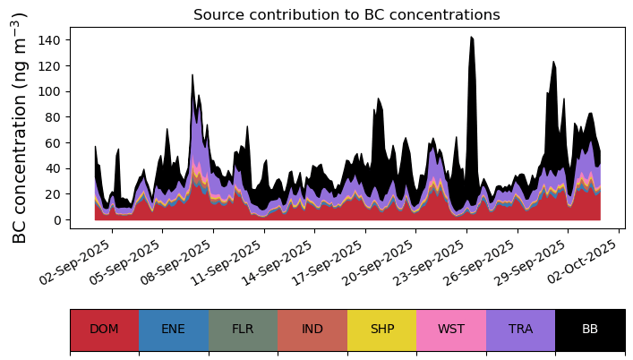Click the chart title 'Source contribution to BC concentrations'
pyautogui.click(x=346, y=15)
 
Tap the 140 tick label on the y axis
pyautogui.click(x=48, y=40)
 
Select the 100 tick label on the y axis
pyautogui.click(x=48, y=91)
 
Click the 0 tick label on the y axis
pyautogui.click(x=56, y=220)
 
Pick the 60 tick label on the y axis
pyautogui.click(x=53, y=143)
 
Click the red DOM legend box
pyautogui.click(x=105, y=330)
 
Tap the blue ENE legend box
pyautogui.click(x=174, y=330)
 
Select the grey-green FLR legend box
pyautogui.click(x=243, y=330)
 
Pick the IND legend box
pyautogui.click(x=312, y=330)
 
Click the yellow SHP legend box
pyautogui.click(x=382, y=330)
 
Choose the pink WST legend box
pyautogui.click(x=451, y=330)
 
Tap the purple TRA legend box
pyautogui.click(x=521, y=330)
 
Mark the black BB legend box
pyautogui.click(x=590, y=330)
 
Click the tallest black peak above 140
pyautogui.click(x=472, y=37)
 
